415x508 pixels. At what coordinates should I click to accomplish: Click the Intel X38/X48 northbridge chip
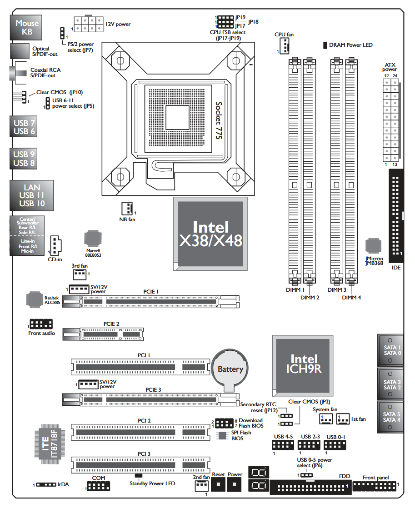(x=210, y=234)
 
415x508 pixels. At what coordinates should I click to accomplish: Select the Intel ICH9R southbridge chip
(x=303, y=366)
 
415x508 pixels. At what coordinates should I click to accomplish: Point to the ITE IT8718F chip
(x=50, y=443)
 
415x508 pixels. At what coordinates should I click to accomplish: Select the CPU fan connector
(x=285, y=46)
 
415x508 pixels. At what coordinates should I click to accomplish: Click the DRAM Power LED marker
(x=325, y=45)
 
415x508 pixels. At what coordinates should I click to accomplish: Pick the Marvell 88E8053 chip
(x=93, y=239)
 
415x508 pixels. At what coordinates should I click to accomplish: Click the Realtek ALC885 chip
(x=35, y=299)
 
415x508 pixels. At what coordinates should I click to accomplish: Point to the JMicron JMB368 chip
(x=373, y=245)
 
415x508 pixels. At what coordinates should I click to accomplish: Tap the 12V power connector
(x=89, y=24)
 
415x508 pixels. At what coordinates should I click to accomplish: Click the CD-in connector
(x=55, y=246)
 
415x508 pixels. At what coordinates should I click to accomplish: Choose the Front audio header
(x=41, y=324)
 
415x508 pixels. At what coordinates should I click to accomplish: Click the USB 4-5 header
(x=283, y=445)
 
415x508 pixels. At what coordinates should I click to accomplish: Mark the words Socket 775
(x=219, y=120)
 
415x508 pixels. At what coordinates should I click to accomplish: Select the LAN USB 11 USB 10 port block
(x=31, y=195)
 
